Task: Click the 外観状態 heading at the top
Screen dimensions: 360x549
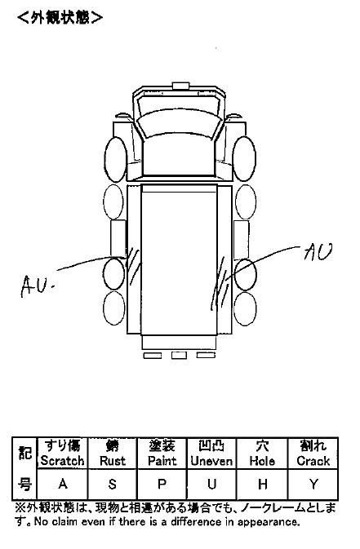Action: coord(60,17)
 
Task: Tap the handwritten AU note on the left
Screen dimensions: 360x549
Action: coord(37,285)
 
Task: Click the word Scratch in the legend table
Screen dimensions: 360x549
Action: coord(62,460)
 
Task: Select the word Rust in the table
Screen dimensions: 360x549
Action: coord(113,460)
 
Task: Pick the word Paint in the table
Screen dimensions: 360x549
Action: coord(162,460)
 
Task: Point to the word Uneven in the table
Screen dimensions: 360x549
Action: coord(211,461)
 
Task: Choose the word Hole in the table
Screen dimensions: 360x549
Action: coord(262,461)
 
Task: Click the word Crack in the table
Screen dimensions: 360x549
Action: coord(313,461)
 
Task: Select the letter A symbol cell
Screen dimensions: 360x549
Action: coord(63,484)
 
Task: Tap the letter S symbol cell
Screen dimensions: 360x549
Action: coord(113,484)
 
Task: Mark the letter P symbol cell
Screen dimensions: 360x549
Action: coord(162,484)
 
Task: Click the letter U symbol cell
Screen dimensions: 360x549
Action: coord(211,484)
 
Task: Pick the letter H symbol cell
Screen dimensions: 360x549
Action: coord(263,484)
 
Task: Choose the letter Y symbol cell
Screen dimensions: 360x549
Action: coord(313,484)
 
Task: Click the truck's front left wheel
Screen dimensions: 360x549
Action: coord(115,159)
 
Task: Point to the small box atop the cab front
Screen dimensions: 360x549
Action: coord(181,86)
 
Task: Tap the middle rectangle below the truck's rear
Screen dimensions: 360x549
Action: coord(179,355)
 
